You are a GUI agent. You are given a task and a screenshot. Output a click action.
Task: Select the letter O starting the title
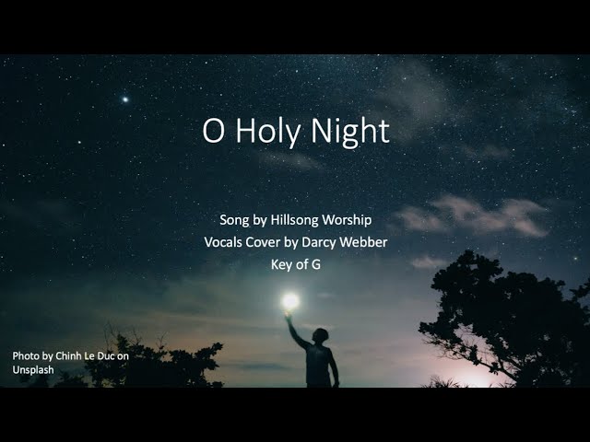coord(213,131)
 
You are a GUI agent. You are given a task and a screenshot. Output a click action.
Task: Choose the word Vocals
coord(227,242)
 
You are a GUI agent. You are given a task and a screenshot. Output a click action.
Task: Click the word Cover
coord(274,242)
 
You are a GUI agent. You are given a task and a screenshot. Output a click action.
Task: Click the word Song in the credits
coord(235,220)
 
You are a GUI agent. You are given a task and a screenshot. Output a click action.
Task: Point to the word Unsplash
coord(33,369)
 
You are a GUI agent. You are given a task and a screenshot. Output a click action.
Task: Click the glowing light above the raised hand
coord(290,300)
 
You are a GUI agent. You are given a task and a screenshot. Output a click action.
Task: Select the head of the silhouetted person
coord(320,335)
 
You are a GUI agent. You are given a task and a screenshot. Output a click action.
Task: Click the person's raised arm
coord(297,331)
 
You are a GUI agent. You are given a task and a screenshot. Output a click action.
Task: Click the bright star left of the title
coord(125,99)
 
